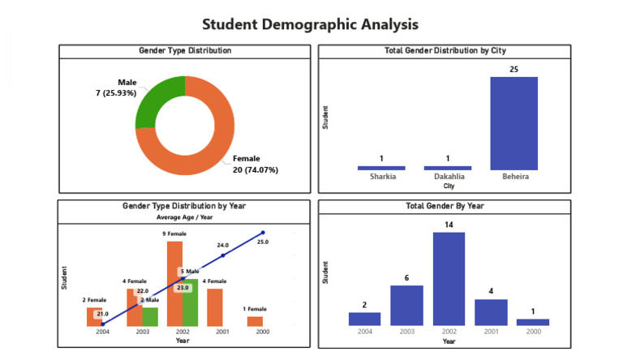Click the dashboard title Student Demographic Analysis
click(x=311, y=24)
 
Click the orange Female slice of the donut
click(x=213, y=138)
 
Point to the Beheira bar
click(x=513, y=123)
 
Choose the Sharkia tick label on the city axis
click(x=381, y=176)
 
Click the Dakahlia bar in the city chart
click(x=447, y=168)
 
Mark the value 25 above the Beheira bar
click(x=513, y=70)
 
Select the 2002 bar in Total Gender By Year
click(x=449, y=279)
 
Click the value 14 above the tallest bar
click(x=449, y=225)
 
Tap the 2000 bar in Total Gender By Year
click(x=532, y=322)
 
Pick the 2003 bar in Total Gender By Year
click(x=406, y=305)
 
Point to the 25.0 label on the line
click(x=262, y=242)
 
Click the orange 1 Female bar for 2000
click(x=255, y=321)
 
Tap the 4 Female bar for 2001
click(x=215, y=307)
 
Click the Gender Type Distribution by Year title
click(x=184, y=207)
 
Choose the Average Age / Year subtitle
click(x=184, y=217)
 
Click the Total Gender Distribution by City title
click(x=445, y=51)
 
